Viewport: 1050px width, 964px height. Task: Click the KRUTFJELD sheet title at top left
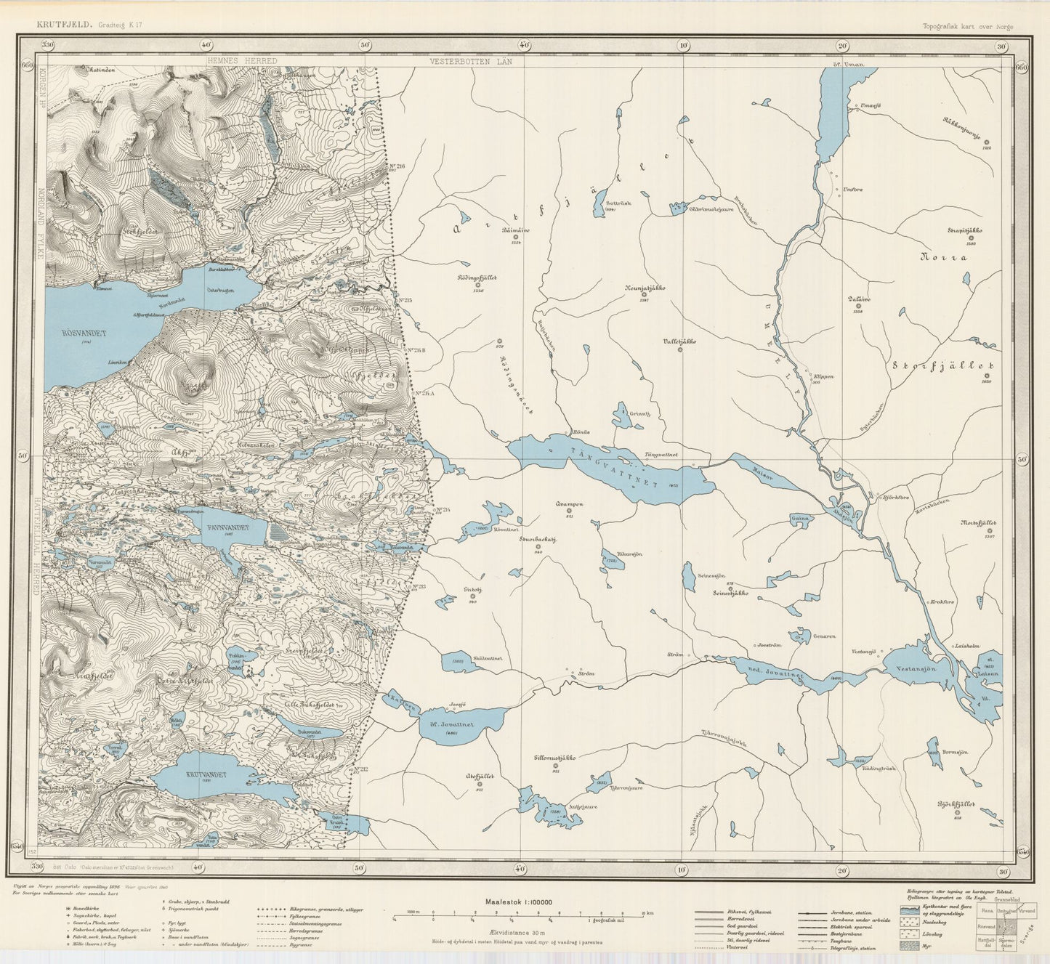click(65, 24)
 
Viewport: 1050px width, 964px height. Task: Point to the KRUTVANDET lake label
click(206, 774)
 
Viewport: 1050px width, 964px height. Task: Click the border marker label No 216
click(396, 166)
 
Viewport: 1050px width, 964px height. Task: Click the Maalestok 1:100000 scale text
click(519, 902)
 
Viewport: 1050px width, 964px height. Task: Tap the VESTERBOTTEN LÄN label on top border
click(470, 62)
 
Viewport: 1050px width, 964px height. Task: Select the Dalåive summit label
click(858, 299)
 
